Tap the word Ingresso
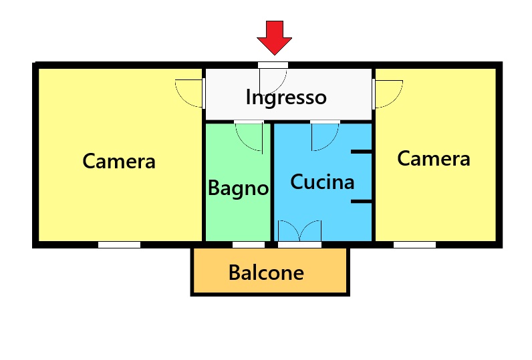(286, 98)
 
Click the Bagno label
(238, 188)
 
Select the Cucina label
(322, 182)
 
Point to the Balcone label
(267, 273)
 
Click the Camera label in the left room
(119, 161)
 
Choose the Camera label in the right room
(434, 159)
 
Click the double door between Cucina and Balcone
(299, 231)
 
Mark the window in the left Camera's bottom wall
(119, 244)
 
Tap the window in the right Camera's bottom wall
(414, 244)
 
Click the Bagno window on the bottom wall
(249, 244)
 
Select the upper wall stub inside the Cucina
(362, 152)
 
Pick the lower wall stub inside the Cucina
(362, 202)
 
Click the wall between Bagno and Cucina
(272, 182)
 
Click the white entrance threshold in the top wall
(273, 65)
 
